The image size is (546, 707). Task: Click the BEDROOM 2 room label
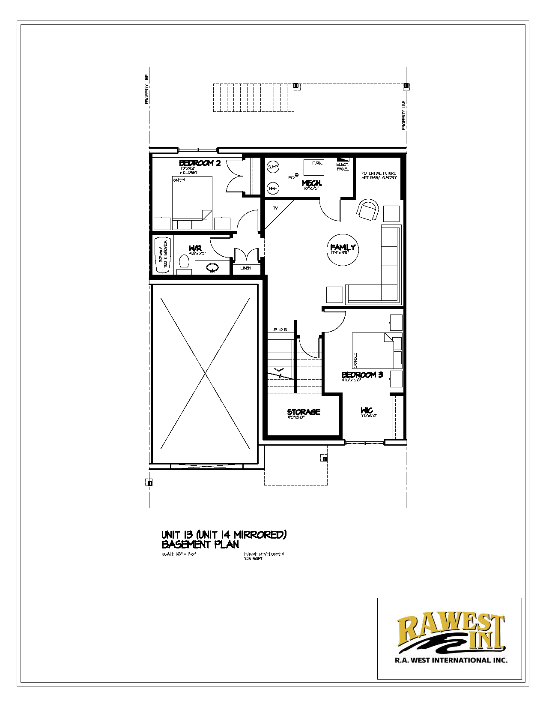(200, 163)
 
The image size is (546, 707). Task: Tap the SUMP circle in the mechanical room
(273, 167)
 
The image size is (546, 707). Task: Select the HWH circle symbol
(273, 188)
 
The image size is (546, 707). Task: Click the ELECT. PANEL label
(343, 167)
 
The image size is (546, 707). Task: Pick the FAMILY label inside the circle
(343, 248)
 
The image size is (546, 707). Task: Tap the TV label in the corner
(275, 208)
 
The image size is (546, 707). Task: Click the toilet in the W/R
(184, 261)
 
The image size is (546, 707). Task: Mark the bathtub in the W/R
(163, 255)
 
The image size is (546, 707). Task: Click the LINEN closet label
(245, 268)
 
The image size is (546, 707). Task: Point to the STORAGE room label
(304, 412)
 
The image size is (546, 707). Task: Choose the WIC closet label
(367, 411)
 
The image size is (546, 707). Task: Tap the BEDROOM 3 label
(362, 375)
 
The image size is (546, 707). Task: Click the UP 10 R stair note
(280, 330)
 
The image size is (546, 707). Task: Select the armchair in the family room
(368, 210)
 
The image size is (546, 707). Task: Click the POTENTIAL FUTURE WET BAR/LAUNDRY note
(379, 175)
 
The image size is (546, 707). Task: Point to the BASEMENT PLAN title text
(200, 545)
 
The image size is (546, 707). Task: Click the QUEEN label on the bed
(179, 180)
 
